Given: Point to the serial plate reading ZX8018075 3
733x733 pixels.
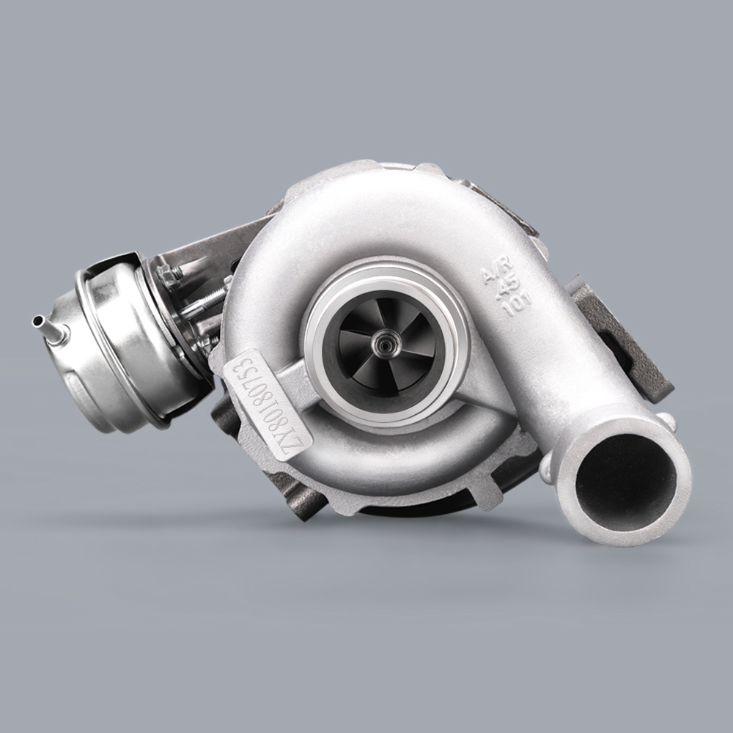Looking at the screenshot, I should point(270,403).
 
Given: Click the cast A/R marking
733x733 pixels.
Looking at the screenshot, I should point(493,273).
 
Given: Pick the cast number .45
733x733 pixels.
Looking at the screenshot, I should point(505,289).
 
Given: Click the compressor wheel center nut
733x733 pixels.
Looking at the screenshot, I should point(382,341).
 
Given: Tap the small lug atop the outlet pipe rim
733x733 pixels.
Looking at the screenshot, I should point(666,421).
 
